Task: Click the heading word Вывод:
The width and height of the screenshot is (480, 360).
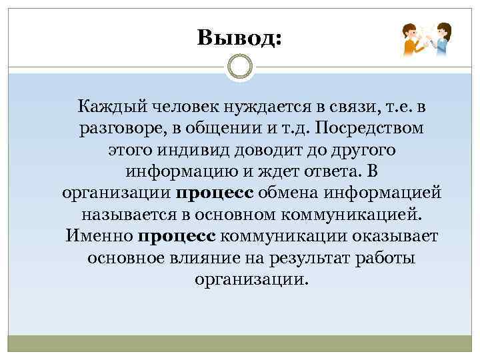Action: pyautogui.click(x=239, y=38)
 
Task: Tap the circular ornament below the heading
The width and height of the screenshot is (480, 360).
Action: pyautogui.click(x=239, y=68)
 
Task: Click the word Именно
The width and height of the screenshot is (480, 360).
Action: pyautogui.click(x=99, y=237)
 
